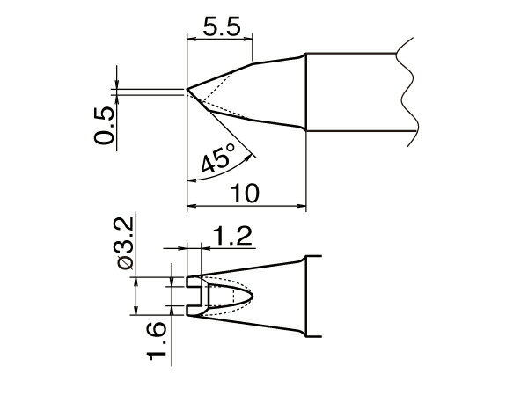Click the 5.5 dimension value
pos(219,26)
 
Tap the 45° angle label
pos(217,160)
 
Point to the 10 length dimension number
pos(247,194)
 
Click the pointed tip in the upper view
pos(188,89)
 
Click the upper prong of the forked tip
pos(195,282)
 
